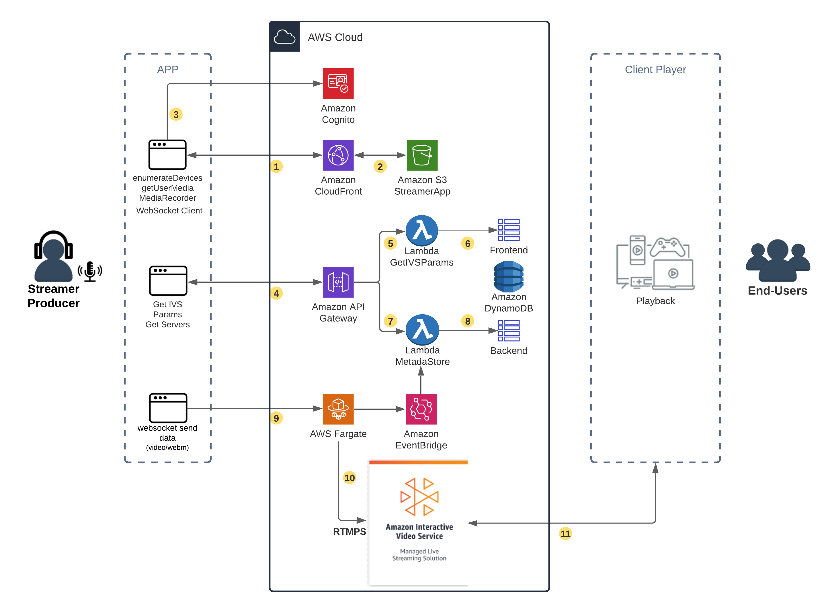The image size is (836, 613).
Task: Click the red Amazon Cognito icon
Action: pos(338,83)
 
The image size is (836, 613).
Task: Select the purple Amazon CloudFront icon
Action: pos(338,155)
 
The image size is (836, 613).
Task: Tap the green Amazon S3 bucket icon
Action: pos(422,155)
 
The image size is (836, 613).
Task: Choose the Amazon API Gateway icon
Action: pos(338,282)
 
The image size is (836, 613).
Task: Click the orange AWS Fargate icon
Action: pos(338,409)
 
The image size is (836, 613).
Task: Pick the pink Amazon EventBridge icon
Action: pos(421,409)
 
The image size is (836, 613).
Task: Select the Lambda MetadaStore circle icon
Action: pos(422,330)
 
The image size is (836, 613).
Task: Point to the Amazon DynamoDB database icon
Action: pos(508,276)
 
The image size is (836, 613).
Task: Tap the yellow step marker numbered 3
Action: pos(176,114)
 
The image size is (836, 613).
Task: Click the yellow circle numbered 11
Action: pos(565,534)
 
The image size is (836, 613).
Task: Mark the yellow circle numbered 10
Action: pos(349,478)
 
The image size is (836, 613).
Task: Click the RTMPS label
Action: pos(349,531)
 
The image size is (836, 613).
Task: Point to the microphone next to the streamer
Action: pos(90,271)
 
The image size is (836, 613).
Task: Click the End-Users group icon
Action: pos(778,261)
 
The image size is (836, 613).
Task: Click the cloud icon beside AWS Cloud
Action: pos(285,37)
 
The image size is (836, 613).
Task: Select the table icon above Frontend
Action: pos(508,230)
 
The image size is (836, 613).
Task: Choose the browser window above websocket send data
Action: pos(168,408)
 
